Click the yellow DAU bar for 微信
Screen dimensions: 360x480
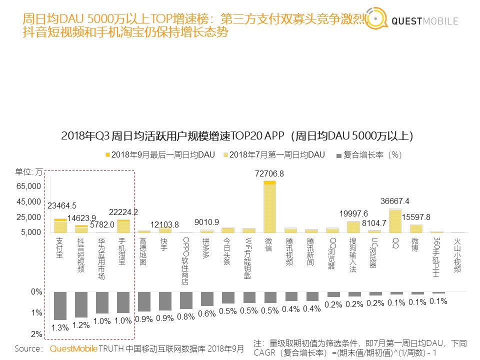tap(269, 207)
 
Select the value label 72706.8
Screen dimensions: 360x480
tap(269, 173)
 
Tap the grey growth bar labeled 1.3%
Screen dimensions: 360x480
tap(60, 305)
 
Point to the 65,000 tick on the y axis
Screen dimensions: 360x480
tap(28, 186)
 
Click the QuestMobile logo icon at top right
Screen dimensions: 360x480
tap(376, 19)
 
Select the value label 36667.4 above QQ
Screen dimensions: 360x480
tap(395, 201)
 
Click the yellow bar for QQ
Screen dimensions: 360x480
tap(395, 220)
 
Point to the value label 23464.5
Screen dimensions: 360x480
tap(62, 205)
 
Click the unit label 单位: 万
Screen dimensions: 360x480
tap(29, 171)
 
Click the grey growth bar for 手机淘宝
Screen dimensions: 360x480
tap(123, 302)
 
